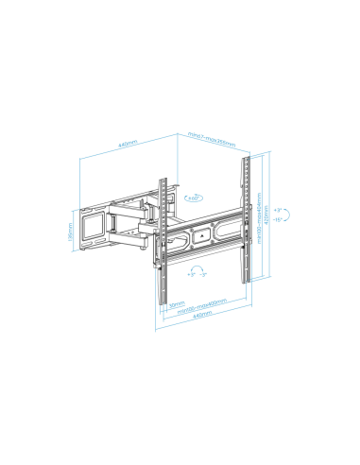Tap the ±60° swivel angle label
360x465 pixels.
194,199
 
